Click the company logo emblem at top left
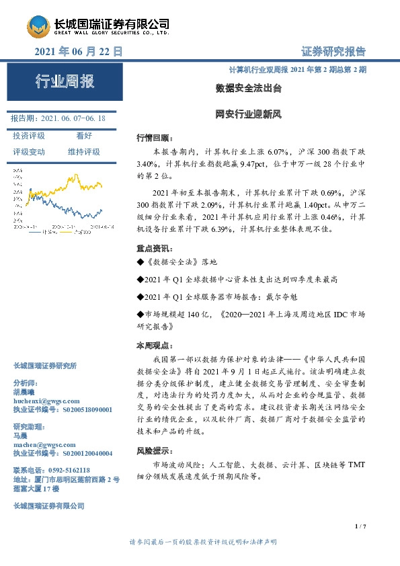click(38, 27)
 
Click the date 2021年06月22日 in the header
click(79, 51)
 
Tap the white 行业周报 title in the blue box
click(65, 83)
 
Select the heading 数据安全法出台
click(248, 88)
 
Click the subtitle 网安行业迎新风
click(248, 114)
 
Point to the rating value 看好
click(84, 136)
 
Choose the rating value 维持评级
click(83, 152)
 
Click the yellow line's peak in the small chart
click(72, 177)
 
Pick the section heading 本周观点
click(155, 346)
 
